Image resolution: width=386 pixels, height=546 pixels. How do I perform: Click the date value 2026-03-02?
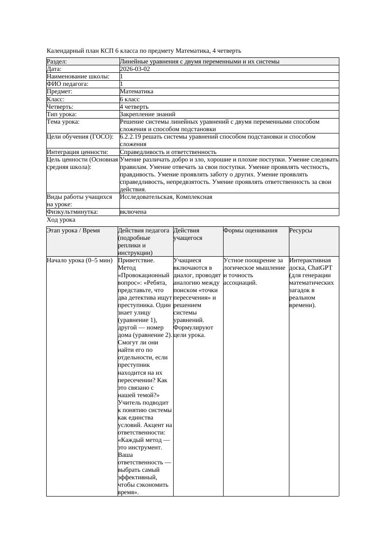[x=135, y=69]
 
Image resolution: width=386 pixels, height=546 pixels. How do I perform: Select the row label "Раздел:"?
[x=57, y=62]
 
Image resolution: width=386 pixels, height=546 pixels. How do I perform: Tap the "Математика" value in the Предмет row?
[x=136, y=91]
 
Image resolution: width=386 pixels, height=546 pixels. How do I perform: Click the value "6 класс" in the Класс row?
[x=130, y=99]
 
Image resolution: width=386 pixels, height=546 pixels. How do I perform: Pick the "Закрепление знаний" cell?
[x=147, y=114]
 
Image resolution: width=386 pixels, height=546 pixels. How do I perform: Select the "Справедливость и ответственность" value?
[x=168, y=152]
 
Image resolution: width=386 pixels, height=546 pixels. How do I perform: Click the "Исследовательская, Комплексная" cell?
[x=166, y=197]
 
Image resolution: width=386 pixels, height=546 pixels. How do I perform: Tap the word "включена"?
[x=133, y=212]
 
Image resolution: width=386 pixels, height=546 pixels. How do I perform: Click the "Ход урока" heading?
[x=61, y=220]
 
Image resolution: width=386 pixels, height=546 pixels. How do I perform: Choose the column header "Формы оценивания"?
[x=250, y=231]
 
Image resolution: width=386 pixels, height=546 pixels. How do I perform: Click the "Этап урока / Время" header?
[x=73, y=231]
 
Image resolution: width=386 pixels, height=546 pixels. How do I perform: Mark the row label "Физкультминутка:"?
[x=72, y=212]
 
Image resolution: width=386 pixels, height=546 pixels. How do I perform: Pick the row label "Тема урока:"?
[x=63, y=122]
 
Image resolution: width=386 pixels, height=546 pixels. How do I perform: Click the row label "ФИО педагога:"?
[x=68, y=84]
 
